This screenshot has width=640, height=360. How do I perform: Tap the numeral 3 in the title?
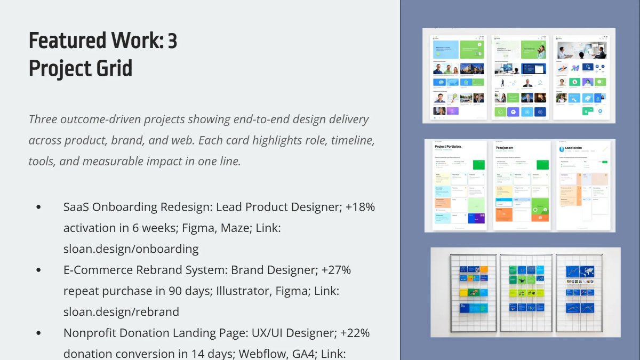tap(172, 41)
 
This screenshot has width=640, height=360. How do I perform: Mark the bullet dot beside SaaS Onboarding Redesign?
tap(38, 207)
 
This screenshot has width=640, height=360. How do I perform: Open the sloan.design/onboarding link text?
tap(131, 249)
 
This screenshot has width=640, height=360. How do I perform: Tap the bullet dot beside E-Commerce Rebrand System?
tap(38, 270)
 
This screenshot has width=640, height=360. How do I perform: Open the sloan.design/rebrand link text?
tap(121, 311)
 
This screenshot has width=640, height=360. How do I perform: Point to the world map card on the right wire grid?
tap(586, 270)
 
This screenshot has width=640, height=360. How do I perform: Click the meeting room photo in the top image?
tap(581, 51)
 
